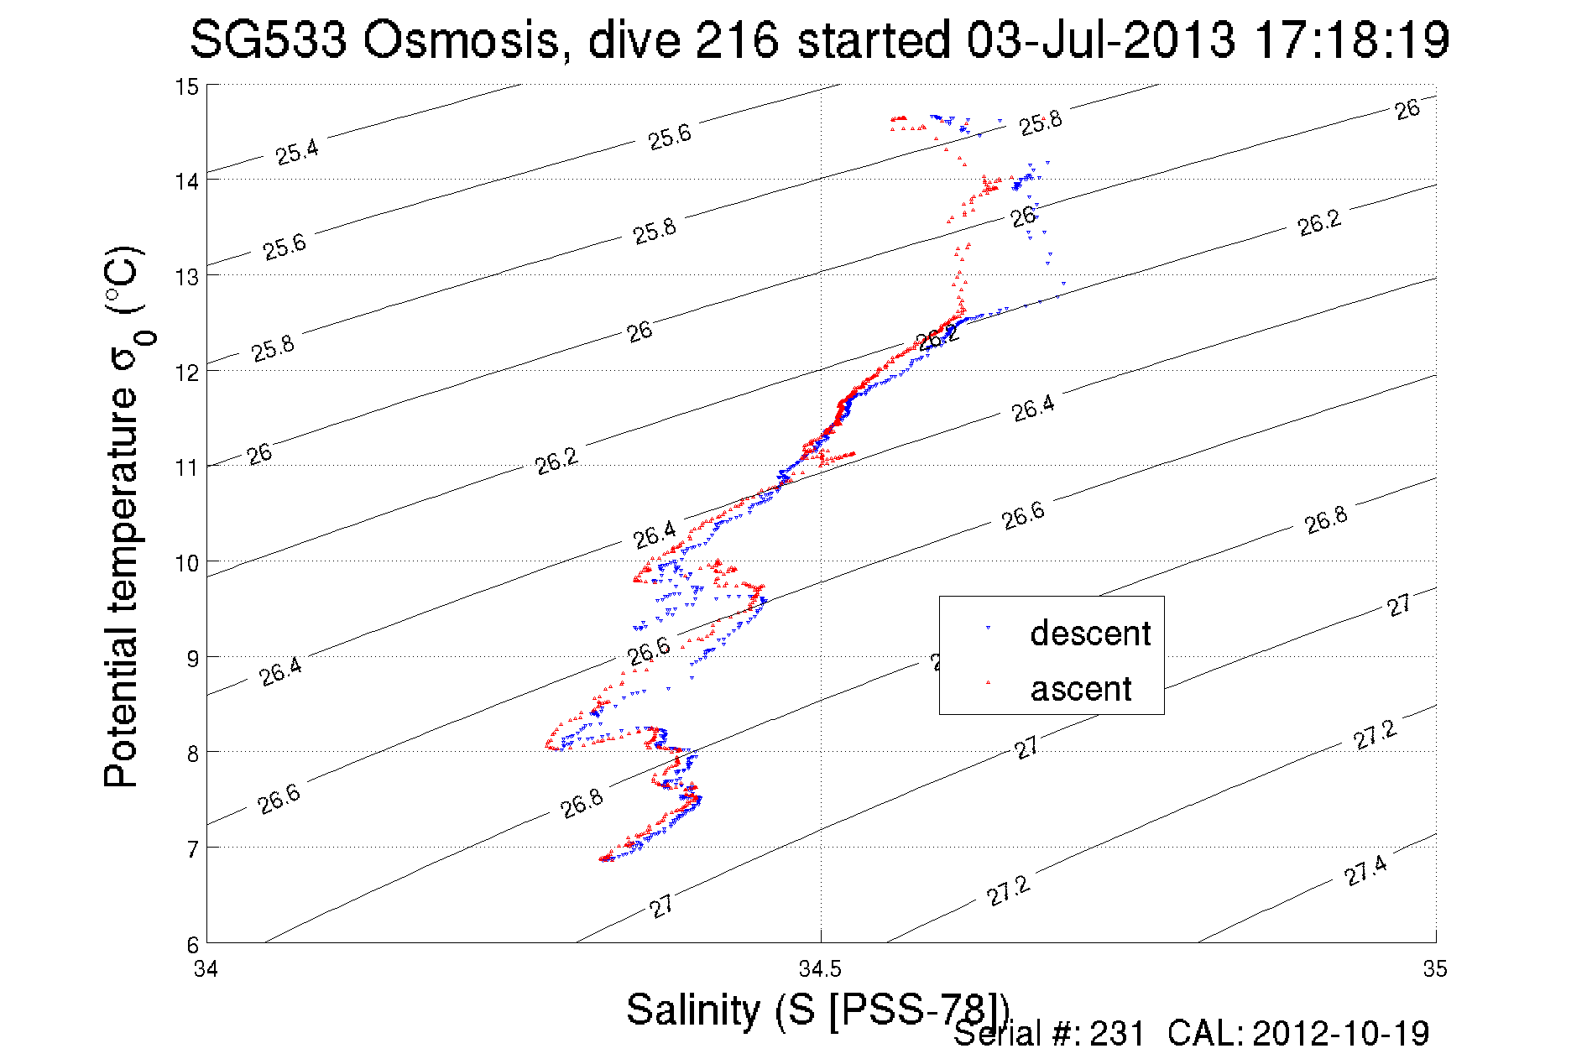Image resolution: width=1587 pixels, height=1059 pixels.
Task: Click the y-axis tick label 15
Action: [186, 87]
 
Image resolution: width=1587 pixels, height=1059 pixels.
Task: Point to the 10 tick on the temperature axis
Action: [186, 563]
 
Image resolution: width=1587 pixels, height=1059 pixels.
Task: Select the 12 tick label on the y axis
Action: [186, 373]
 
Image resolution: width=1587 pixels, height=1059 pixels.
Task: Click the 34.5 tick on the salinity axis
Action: [820, 970]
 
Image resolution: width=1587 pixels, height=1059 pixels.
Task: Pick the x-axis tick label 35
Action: [1435, 970]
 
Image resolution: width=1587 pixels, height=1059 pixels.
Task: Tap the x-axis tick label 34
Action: [206, 970]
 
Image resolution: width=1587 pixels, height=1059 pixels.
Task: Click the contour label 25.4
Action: [297, 153]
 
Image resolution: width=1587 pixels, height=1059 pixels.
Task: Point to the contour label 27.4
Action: [1365, 871]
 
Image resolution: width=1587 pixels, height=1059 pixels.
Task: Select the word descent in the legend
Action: [1090, 634]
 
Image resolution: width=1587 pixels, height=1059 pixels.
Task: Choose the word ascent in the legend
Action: [1081, 689]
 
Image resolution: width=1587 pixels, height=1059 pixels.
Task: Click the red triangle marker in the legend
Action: [988, 682]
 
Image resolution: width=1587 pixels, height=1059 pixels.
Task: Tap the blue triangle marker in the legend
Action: [988, 628]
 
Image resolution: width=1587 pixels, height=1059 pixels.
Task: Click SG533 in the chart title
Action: [268, 40]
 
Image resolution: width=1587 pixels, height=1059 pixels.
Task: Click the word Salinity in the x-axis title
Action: [693, 1009]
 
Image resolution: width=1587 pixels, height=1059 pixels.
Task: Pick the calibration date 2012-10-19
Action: [1341, 1034]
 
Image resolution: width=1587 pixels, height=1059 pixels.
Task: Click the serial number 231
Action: [1117, 1034]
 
